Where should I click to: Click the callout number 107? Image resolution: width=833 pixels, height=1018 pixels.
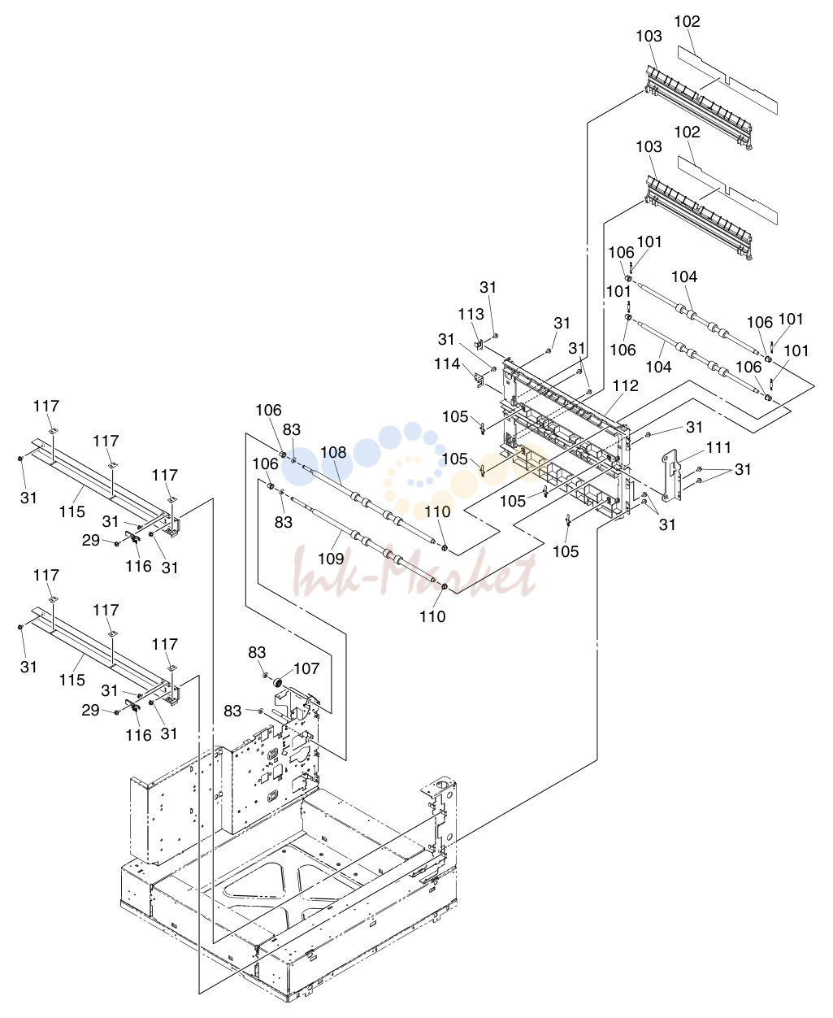(x=306, y=668)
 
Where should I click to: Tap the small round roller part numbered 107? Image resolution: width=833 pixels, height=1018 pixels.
(x=278, y=682)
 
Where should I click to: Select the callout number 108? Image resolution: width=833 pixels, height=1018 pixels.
(x=333, y=452)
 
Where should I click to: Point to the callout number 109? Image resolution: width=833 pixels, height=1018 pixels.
(x=331, y=559)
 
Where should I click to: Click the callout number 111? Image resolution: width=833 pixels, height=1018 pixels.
(x=718, y=447)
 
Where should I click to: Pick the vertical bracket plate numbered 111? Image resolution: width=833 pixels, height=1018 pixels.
(x=672, y=476)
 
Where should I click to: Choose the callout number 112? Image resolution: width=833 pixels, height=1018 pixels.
(x=626, y=385)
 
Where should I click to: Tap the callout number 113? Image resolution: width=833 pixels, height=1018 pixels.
(x=471, y=314)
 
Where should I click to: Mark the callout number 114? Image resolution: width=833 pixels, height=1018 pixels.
(x=447, y=364)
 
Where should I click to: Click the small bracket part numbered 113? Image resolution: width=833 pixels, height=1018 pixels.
(x=479, y=344)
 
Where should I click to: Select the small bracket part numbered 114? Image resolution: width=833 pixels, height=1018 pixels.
(x=479, y=381)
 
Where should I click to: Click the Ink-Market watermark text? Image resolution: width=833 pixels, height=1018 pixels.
(x=414, y=573)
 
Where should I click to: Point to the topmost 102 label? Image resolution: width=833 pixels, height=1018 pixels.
(x=687, y=22)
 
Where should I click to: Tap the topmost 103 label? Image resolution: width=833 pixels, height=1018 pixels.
(x=649, y=37)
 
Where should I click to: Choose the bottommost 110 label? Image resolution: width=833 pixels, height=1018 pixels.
(x=432, y=616)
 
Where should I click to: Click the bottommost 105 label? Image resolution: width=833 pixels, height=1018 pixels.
(x=566, y=551)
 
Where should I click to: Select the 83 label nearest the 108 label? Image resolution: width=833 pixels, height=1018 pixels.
(x=291, y=429)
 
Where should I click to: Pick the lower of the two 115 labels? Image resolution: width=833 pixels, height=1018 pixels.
(x=72, y=680)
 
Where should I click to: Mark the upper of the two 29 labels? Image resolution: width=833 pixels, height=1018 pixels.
(x=91, y=540)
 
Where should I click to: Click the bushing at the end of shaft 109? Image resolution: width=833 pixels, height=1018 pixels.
(x=445, y=586)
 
